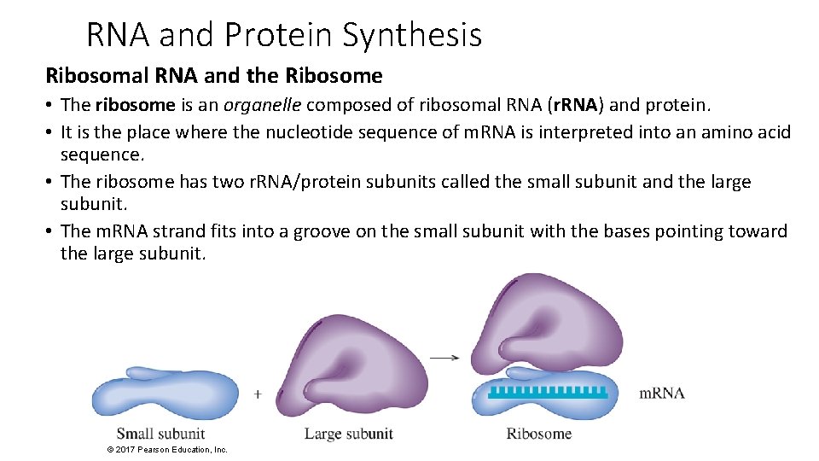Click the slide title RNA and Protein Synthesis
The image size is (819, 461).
[x=284, y=35]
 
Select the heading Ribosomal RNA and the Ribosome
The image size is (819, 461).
[x=213, y=76]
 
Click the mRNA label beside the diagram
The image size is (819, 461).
[x=662, y=394]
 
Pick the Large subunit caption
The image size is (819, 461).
[x=349, y=434]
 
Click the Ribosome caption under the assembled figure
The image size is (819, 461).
[x=538, y=434]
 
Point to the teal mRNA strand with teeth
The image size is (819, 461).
[x=547, y=393]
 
